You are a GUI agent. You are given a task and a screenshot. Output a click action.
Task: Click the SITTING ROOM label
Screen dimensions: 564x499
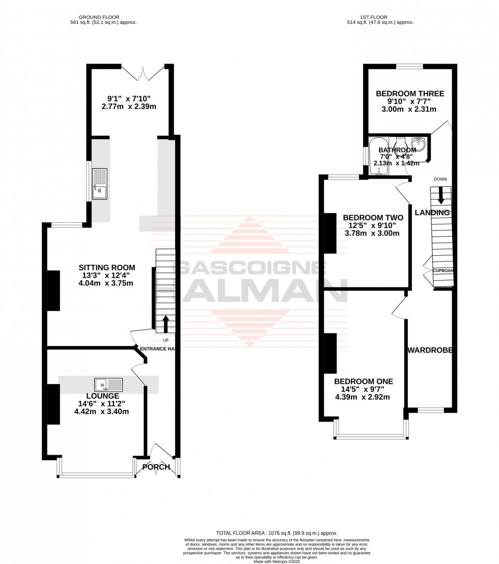coord(107,268)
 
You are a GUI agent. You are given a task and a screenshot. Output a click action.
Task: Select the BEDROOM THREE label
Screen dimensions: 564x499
coord(410,94)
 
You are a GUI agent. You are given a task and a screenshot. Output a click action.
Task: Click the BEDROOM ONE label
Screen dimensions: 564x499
coord(364,381)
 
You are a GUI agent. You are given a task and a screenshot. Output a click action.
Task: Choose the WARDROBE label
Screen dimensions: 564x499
coord(430,350)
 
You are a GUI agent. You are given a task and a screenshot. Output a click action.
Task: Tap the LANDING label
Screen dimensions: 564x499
coord(432,213)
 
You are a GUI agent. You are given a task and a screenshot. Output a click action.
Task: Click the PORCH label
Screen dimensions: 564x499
coord(156,467)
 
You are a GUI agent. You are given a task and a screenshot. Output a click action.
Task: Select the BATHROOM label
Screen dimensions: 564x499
coord(397,150)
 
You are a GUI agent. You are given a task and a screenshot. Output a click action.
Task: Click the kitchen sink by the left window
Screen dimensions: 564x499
coord(99,185)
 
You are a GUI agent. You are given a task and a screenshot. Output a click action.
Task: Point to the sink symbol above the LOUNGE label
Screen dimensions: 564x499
coord(108,384)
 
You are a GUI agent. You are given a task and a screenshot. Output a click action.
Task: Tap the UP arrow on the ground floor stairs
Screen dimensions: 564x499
coord(165,324)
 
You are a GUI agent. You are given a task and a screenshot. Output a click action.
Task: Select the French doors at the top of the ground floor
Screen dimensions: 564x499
coord(143,73)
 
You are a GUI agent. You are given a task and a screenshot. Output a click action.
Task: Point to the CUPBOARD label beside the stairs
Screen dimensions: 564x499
coord(443,271)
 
